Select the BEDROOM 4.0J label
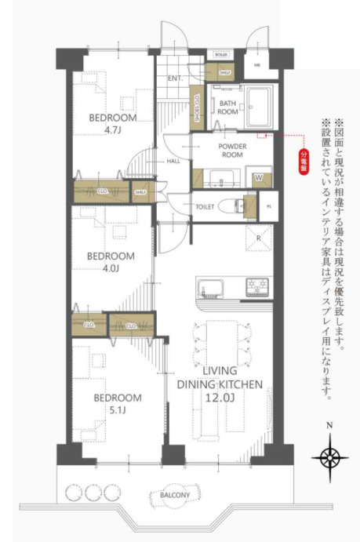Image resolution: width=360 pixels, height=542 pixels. tap(110, 262)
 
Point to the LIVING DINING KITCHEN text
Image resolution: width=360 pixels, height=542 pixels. tap(218, 384)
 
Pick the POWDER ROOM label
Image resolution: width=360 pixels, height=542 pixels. tap(231, 151)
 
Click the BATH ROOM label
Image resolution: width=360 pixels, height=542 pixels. tap(227, 107)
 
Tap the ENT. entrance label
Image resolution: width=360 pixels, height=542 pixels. tap(174, 78)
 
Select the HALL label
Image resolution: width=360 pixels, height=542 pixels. tap(173, 161)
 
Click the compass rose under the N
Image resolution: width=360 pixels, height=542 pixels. tap(330, 457)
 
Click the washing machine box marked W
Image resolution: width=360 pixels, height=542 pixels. tap(259, 177)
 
